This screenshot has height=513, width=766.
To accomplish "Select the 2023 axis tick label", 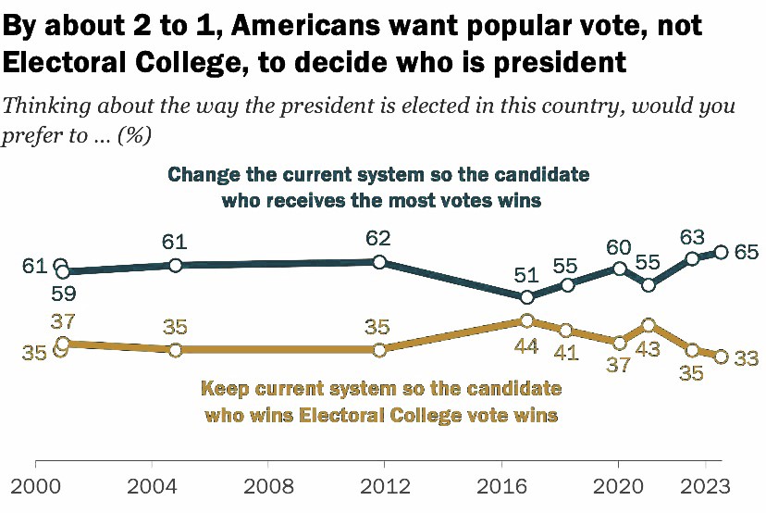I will click(x=706, y=488).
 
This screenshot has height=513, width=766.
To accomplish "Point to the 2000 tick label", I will click(x=34, y=488).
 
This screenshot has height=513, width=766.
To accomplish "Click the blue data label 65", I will click(x=747, y=252).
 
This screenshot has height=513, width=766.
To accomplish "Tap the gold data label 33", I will click(x=747, y=357).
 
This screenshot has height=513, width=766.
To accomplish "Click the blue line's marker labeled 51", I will click(x=526, y=297).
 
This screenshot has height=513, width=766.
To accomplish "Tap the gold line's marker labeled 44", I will click(x=526, y=320).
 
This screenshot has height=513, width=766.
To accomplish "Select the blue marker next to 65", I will click(x=722, y=252).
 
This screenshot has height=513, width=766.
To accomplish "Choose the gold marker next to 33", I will click(x=722, y=357).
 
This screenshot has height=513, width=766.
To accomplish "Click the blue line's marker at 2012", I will click(x=379, y=262).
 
